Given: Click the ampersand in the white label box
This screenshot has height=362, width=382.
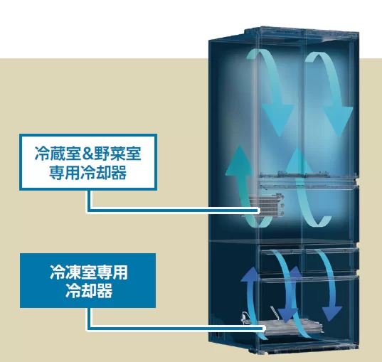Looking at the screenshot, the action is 88,154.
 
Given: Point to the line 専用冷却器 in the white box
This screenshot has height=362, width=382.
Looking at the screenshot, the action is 88,173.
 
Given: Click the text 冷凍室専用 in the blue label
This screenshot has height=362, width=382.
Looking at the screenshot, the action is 89,272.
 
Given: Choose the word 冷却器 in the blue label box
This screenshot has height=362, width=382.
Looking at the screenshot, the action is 89,291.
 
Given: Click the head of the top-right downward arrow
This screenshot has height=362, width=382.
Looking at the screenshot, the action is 338,121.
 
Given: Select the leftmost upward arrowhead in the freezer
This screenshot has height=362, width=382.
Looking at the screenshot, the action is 250,274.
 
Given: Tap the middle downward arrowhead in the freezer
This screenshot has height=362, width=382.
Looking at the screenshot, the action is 288,315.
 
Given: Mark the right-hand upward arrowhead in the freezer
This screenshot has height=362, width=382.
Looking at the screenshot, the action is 295,273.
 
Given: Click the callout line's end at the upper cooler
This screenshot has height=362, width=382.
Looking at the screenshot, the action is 258,211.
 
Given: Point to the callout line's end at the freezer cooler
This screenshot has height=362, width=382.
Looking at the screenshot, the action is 263,329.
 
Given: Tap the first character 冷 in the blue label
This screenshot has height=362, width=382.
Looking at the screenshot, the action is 58,272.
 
